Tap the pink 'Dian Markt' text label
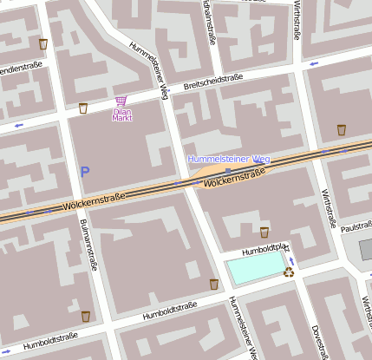click(122, 115)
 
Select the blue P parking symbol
click(85, 172)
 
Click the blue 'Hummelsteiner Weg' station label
click(229, 159)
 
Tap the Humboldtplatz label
click(264, 251)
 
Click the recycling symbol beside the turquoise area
click(289, 272)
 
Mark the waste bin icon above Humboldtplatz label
click(264, 232)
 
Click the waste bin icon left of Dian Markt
click(83, 108)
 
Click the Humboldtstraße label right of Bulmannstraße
click(171, 312)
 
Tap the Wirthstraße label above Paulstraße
click(329, 208)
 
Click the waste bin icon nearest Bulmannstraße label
click(85, 316)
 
